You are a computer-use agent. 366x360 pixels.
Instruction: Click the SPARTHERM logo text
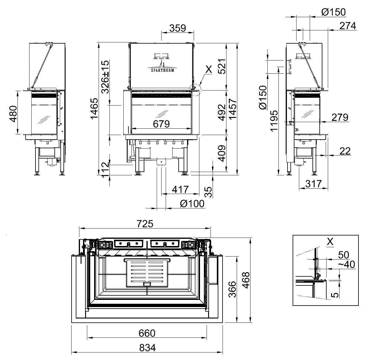tap(162, 70)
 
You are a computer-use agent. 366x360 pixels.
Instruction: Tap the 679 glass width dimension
tap(161, 124)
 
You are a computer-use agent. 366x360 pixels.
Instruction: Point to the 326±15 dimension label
tap(105, 77)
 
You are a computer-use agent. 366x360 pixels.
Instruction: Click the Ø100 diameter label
tap(192, 204)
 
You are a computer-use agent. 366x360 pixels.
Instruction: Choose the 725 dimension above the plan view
tap(145, 223)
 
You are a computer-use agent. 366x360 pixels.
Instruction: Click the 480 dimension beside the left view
tap(13, 114)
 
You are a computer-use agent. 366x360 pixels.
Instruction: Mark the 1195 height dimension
tap(274, 121)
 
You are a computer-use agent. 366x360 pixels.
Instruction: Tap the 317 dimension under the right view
tap(314, 184)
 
